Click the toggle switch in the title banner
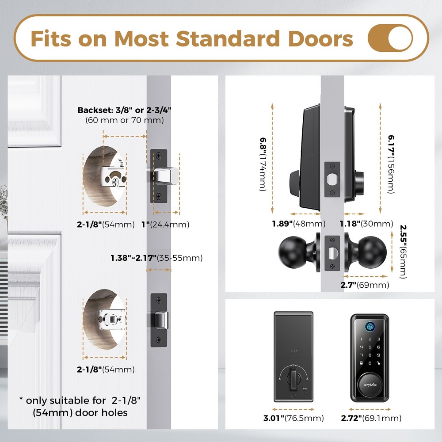click(x=390, y=38)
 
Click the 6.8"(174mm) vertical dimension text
click(x=263, y=164)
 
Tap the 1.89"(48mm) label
click(x=298, y=224)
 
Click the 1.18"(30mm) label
click(x=366, y=224)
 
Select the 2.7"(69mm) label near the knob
click(x=365, y=285)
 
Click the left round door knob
click(x=290, y=251)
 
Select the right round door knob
click(x=376, y=251)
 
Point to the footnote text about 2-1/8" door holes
click(x=73, y=407)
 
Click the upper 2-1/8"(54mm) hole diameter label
click(x=106, y=225)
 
